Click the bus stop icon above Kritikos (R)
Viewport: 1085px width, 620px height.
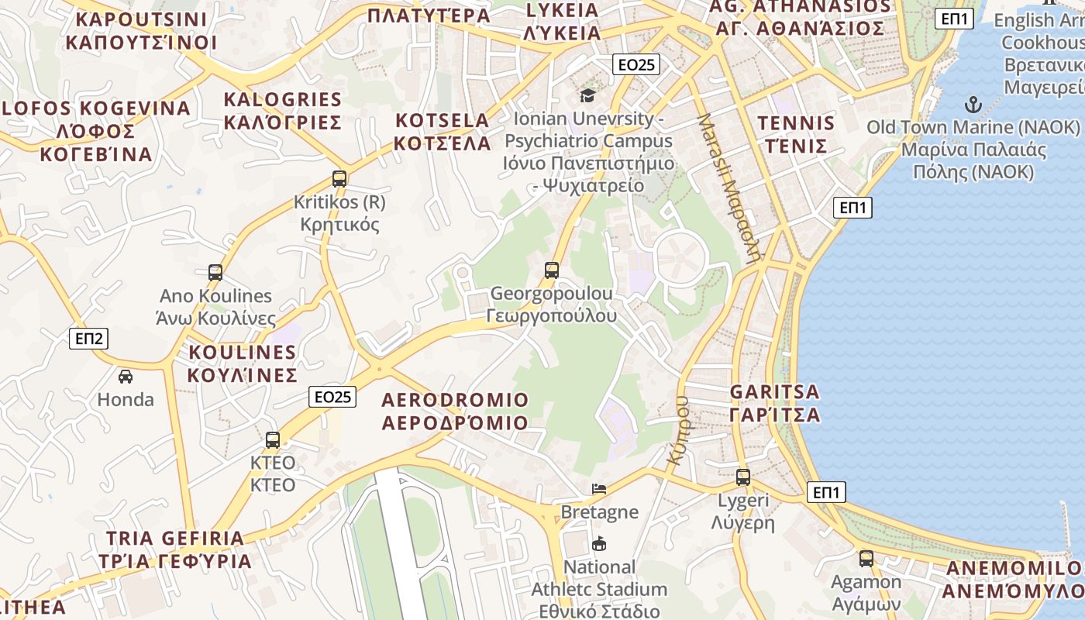click(x=339, y=179)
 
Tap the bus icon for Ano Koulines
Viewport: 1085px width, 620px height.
click(x=215, y=273)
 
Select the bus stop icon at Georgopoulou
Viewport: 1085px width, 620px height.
click(x=552, y=270)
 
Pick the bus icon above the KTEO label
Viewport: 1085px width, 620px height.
click(x=273, y=440)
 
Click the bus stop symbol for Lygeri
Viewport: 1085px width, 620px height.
click(x=743, y=477)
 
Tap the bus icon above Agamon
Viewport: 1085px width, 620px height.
click(x=866, y=559)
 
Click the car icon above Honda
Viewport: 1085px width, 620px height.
click(x=126, y=377)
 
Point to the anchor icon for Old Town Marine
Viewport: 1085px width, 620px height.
click(x=973, y=105)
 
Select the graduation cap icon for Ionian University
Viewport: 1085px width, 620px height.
click(x=588, y=95)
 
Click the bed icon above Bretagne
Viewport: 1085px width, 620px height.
click(x=599, y=489)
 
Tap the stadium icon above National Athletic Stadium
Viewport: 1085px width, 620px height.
click(x=599, y=544)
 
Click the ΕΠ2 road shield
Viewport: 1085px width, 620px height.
click(x=88, y=339)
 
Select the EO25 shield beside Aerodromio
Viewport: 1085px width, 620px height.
click(x=333, y=397)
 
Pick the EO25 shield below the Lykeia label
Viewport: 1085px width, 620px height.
click(x=636, y=65)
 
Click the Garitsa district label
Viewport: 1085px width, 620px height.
click(x=775, y=403)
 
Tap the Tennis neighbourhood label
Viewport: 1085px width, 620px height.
click(x=796, y=135)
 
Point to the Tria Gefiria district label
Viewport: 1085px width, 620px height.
click(x=175, y=549)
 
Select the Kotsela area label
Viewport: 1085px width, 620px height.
click(x=443, y=132)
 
